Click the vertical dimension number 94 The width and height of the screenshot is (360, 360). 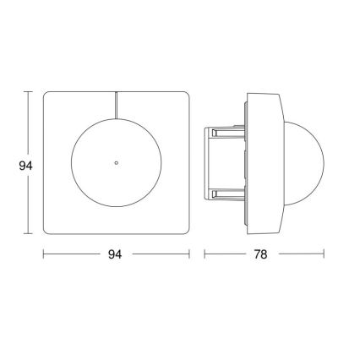25,166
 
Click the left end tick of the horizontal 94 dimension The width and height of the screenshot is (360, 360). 43,254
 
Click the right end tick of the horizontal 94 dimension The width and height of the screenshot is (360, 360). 188,254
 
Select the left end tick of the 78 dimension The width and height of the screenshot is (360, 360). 205,254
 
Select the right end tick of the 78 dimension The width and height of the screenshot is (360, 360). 325,254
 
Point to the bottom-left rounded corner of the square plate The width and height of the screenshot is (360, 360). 48,231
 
